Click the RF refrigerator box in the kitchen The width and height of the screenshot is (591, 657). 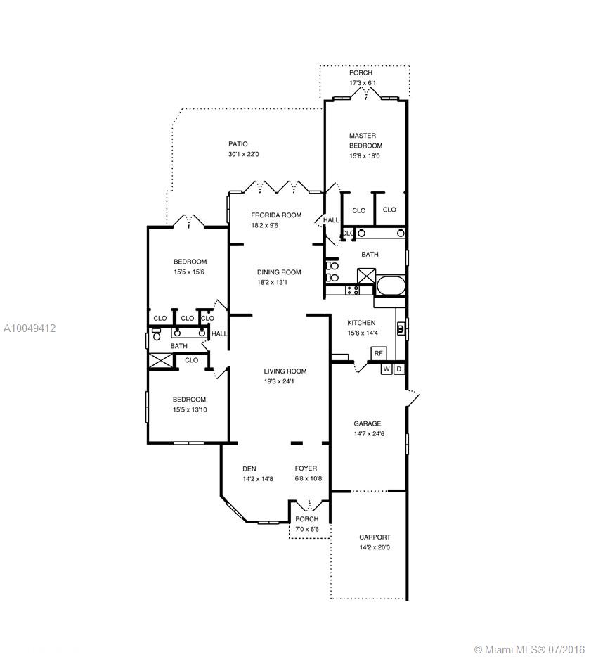(378, 353)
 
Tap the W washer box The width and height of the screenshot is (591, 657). (387, 369)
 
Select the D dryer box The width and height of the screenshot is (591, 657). (399, 369)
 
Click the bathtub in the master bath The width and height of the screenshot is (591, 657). (391, 286)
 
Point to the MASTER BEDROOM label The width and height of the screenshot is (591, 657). (365, 141)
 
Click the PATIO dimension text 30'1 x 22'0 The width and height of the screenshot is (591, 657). (244, 154)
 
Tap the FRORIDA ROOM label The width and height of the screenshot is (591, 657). (276, 215)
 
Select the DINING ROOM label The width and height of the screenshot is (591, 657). (279, 272)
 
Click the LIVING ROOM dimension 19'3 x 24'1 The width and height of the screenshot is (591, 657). (279, 381)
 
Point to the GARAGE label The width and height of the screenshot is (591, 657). (368, 423)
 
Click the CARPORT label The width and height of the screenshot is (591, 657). (375, 537)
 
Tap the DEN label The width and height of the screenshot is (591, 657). (249, 469)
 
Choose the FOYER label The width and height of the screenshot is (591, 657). (306, 468)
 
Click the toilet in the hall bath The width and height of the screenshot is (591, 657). (157, 334)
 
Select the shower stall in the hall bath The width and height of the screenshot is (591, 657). (161, 361)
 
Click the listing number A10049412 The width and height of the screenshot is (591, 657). (30, 328)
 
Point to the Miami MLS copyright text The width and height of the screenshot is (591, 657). (529, 649)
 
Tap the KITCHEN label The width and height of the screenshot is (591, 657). (362, 323)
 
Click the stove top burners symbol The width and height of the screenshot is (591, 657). (353, 290)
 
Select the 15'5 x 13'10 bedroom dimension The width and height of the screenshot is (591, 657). (190, 410)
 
